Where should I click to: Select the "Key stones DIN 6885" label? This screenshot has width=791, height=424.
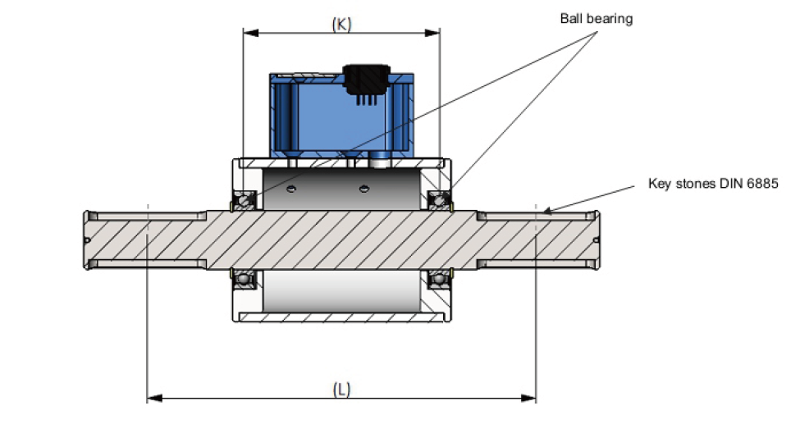[712, 184]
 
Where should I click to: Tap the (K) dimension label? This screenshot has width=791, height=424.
[341, 24]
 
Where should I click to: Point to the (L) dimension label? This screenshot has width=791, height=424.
[341, 389]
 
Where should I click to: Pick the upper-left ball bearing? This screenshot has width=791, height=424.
[244, 199]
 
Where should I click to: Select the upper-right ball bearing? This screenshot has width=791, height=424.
[440, 199]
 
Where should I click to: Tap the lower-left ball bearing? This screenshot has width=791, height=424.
[244, 280]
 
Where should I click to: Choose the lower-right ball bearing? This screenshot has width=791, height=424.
[440, 280]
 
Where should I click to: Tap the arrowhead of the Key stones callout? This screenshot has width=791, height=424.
[546, 211]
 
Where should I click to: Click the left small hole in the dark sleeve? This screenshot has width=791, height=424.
[293, 189]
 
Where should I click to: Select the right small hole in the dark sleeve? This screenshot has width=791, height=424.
[362, 189]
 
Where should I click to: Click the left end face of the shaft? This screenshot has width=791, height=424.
[85, 239]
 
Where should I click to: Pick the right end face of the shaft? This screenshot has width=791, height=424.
[599, 239]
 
